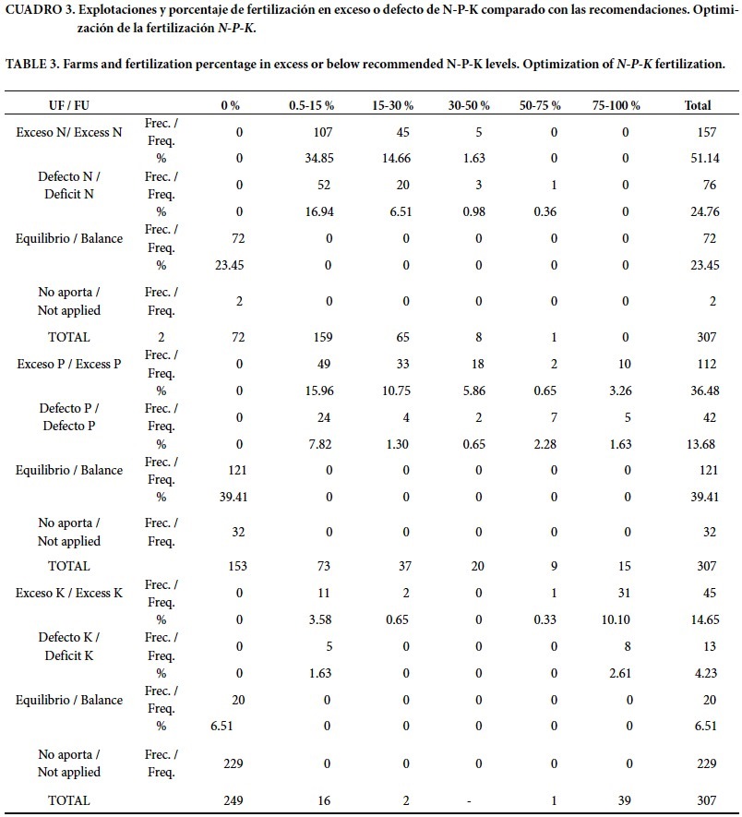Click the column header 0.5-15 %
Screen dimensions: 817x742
[311, 106]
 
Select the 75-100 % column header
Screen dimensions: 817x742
[616, 106]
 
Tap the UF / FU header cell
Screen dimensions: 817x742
[69, 106]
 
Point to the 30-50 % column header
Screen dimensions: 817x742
[470, 106]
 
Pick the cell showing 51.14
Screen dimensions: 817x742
[698, 158]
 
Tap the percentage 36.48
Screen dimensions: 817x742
[698, 390]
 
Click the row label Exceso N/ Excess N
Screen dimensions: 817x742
[69, 132]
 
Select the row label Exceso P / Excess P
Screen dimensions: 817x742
[69, 364]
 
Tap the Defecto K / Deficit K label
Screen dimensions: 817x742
[69, 646]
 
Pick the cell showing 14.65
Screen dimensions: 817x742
[698, 619]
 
